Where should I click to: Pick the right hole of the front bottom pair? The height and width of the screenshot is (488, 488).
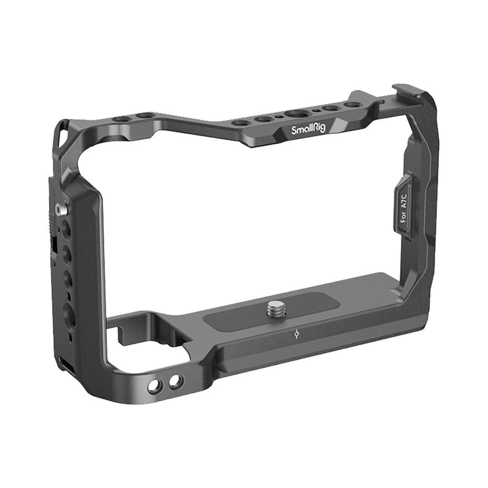(176, 380)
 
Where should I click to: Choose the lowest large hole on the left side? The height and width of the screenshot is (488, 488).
(69, 315)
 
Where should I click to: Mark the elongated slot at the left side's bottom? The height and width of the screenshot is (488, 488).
(66, 366)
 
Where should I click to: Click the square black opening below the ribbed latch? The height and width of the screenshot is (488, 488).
(54, 246)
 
